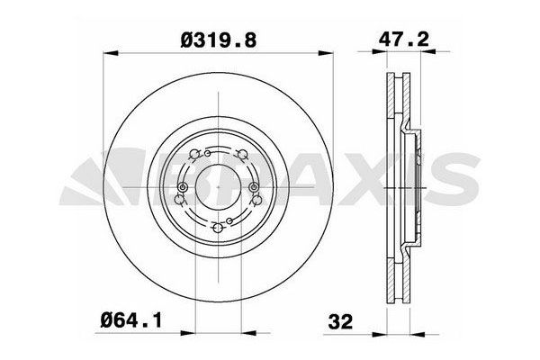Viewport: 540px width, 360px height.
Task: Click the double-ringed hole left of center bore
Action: click(x=182, y=187)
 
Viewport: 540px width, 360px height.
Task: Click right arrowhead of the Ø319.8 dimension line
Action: click(x=331, y=54)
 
